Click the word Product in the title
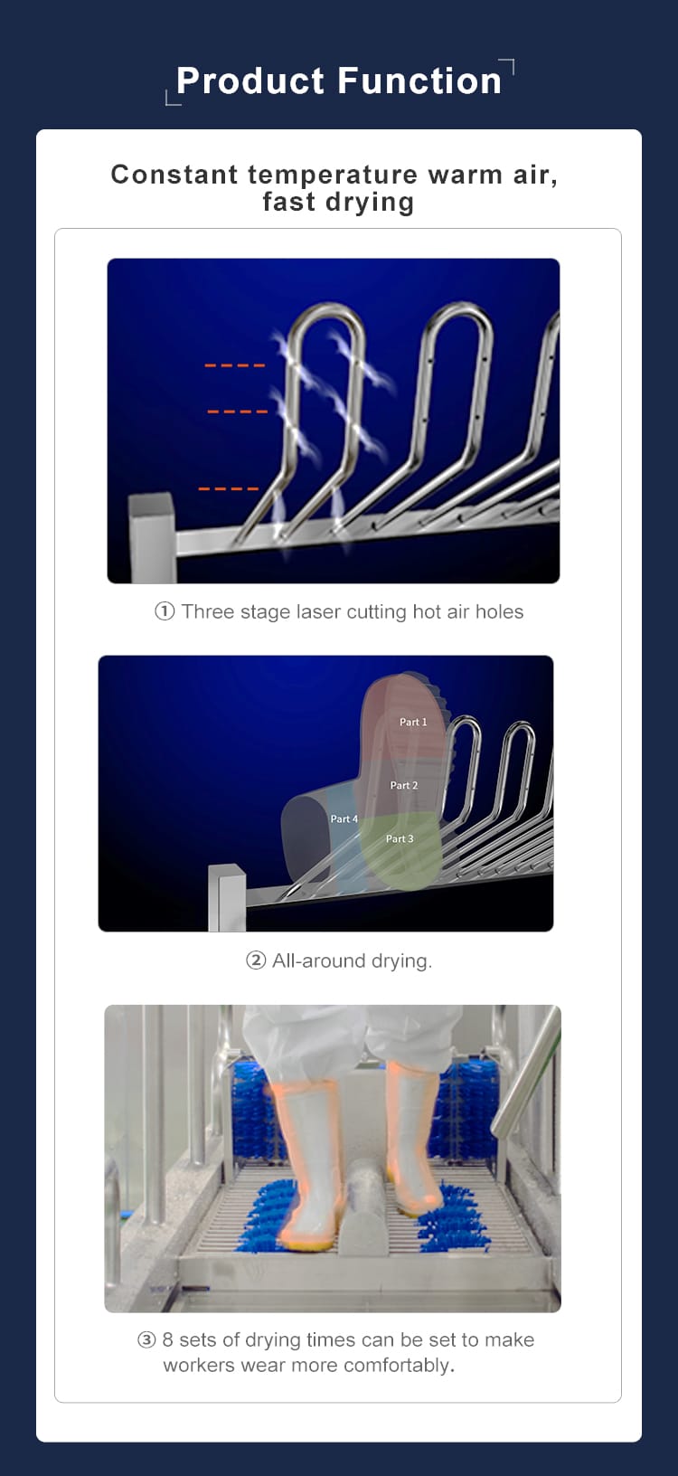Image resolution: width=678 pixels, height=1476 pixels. tap(250, 82)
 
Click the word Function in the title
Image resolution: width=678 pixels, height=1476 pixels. tap(419, 81)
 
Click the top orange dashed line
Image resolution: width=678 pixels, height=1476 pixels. tap(234, 365)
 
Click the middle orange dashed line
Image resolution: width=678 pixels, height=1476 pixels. tap(237, 412)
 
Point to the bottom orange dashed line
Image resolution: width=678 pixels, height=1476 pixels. tap(229, 489)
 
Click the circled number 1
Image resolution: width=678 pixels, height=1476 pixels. tap(164, 611)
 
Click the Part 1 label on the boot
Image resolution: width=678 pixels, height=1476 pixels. tap(413, 723)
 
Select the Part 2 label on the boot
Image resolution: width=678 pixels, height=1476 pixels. tap(404, 785)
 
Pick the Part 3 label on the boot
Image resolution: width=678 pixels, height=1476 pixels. tap(400, 838)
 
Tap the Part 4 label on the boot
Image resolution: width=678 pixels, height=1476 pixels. tap(344, 819)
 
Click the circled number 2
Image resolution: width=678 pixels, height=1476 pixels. tap(256, 960)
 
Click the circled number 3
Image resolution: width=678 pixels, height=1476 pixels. tap(146, 1340)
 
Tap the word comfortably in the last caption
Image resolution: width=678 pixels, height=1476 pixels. tap(398, 1367)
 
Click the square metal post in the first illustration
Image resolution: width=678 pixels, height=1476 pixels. tap(152, 538)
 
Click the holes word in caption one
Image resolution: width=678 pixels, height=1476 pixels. tap(499, 611)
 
